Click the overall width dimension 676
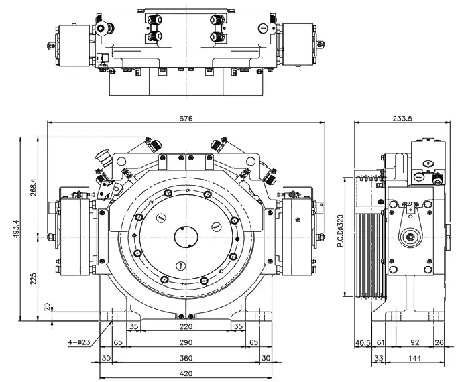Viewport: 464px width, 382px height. pyautogui.click(x=186, y=118)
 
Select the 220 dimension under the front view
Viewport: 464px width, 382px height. pyautogui.click(x=186, y=327)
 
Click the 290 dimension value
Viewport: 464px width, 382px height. pyautogui.click(x=186, y=342)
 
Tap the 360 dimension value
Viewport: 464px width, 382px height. pyautogui.click(x=186, y=358)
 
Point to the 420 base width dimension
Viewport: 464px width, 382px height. pyautogui.click(x=186, y=373)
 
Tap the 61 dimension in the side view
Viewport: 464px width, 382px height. pyautogui.click(x=380, y=342)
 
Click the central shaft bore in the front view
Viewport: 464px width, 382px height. pyautogui.click(x=186, y=237)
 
